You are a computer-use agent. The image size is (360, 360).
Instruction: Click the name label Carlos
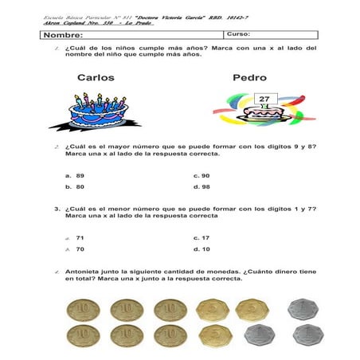[96, 78]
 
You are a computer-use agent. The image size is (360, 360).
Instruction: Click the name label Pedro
[249, 78]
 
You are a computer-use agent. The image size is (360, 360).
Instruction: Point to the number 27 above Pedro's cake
[264, 99]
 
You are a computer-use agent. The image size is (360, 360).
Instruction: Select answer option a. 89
[76, 175]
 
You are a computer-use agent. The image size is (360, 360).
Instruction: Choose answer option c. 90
[202, 175]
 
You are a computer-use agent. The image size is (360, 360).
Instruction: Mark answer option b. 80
[76, 187]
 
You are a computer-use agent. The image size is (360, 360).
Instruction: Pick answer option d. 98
[202, 187]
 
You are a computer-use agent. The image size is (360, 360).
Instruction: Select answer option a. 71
[76, 237]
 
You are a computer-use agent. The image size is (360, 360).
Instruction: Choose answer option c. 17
[202, 237]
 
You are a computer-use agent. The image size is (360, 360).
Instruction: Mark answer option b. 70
[76, 249]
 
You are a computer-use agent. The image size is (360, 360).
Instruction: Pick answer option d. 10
[202, 249]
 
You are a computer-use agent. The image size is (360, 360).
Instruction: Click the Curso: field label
[238, 34]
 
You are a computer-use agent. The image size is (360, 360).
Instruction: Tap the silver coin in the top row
[299, 309]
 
